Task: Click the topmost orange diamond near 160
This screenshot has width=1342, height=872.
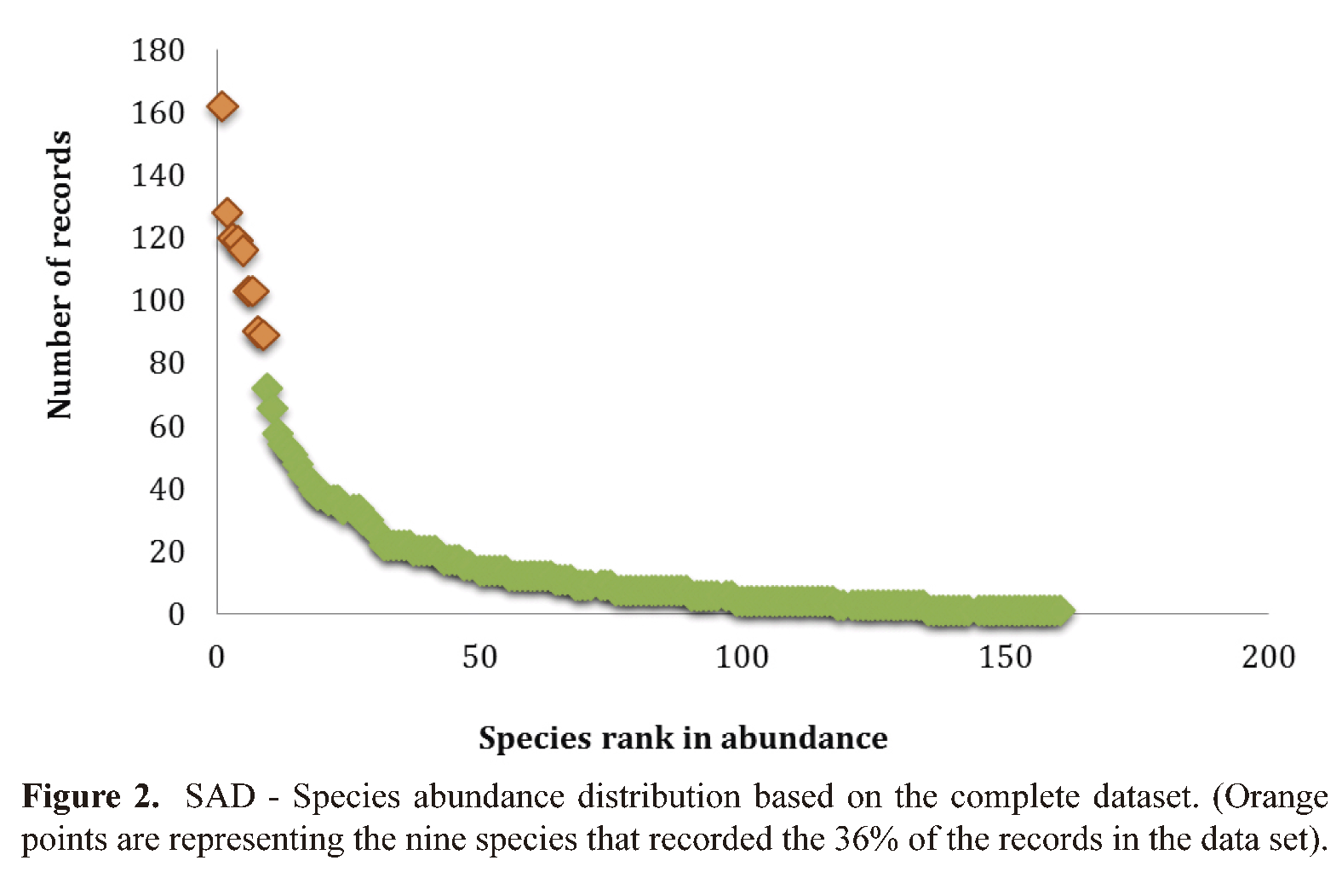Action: (222, 107)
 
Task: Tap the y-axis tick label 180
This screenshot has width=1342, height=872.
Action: (158, 51)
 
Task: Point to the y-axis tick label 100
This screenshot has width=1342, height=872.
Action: (158, 301)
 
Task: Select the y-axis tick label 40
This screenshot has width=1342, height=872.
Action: (166, 490)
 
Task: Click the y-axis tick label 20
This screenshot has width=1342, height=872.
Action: (166, 552)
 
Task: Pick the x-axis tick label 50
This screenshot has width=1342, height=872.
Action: (479, 657)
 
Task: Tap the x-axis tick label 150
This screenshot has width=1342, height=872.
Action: (1005, 657)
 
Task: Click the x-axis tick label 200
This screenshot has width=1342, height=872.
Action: (1268, 657)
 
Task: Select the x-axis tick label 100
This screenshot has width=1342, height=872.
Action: (742, 657)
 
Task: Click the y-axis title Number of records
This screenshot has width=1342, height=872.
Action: (60, 274)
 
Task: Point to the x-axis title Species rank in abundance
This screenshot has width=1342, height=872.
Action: (683, 737)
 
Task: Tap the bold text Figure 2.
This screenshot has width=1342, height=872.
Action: (90, 797)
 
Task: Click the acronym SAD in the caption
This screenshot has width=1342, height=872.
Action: (221, 797)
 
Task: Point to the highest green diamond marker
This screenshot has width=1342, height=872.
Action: (267, 388)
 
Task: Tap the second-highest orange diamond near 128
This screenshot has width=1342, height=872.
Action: (227, 213)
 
